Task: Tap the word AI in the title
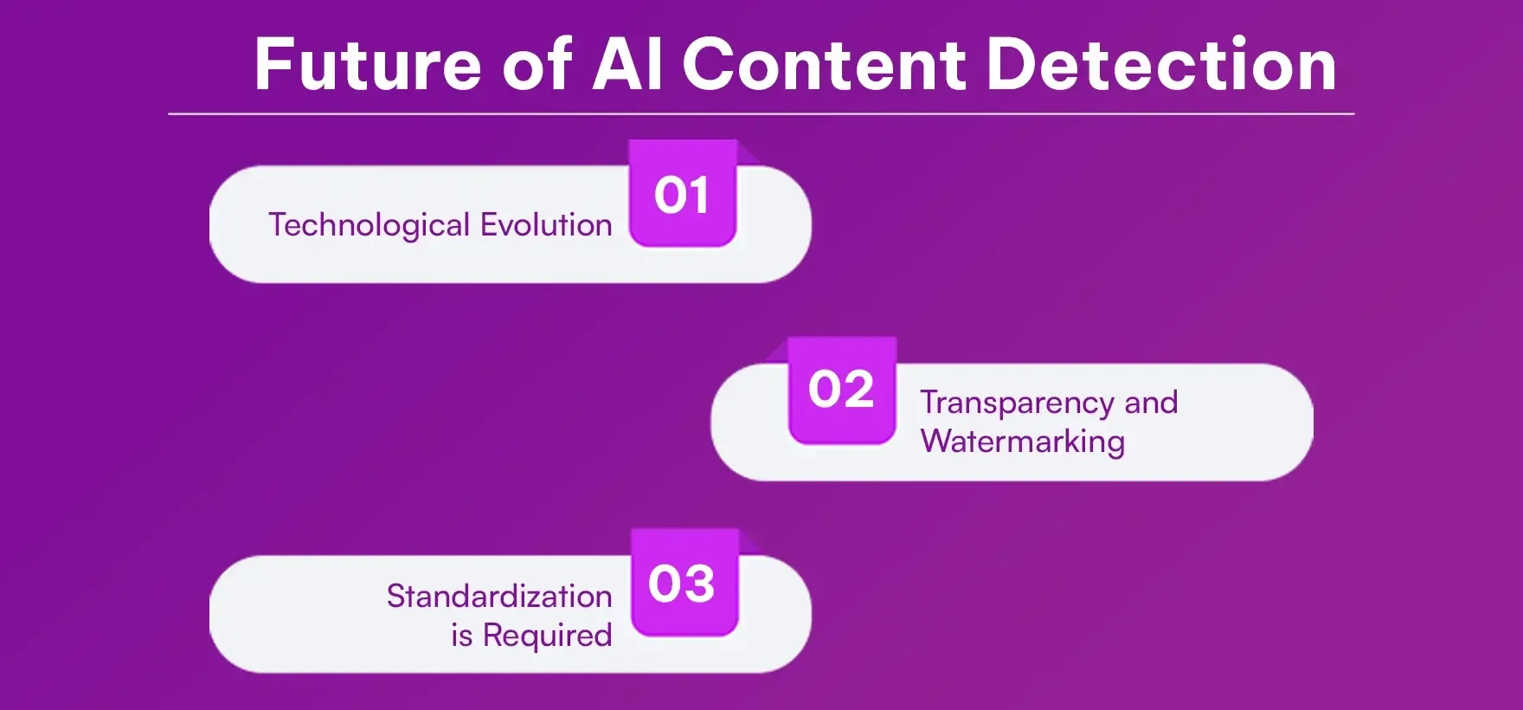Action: pos(627,65)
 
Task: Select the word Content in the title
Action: pos(824,65)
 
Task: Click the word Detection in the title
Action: pos(1161,65)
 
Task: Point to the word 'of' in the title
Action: pos(537,65)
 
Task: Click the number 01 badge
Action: pos(682,195)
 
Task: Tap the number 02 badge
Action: pos(842,390)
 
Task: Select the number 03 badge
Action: pos(683,584)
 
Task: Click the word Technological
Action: pos(370,225)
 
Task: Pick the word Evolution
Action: pos(546,225)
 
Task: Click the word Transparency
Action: pos(1017,403)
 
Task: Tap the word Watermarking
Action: pos(1022,442)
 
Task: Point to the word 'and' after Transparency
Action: pos(1151,403)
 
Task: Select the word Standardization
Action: pos(499,597)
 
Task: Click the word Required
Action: pos(547,636)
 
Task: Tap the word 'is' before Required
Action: pos(461,636)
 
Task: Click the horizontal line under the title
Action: pos(761,113)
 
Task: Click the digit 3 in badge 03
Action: pos(699,584)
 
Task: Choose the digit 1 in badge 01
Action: pos(699,196)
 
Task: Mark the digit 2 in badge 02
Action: pos(858,390)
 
